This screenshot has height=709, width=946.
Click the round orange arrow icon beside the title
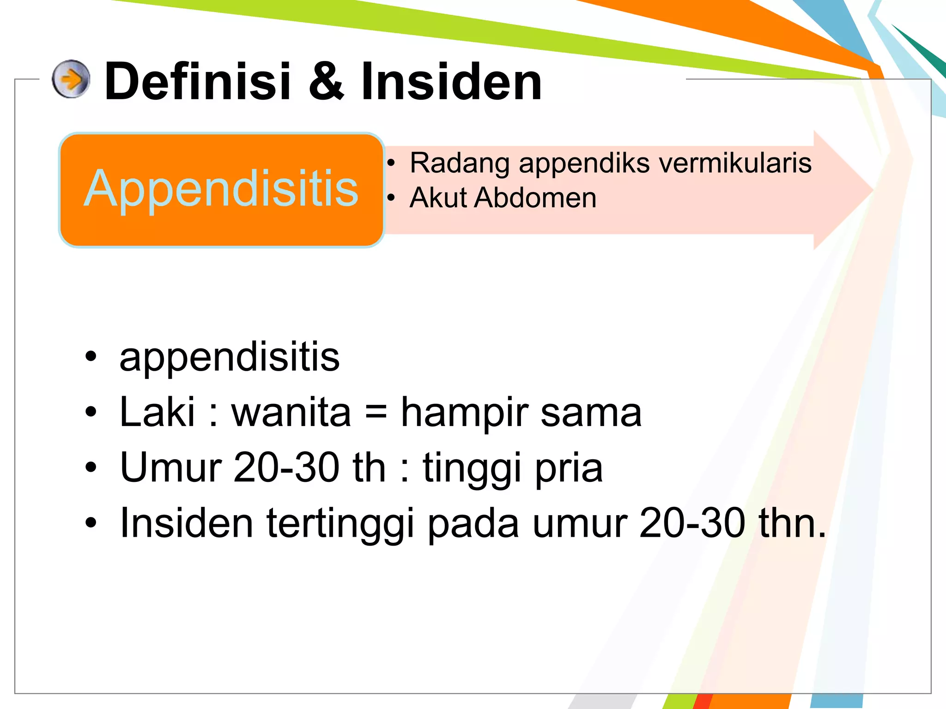71,79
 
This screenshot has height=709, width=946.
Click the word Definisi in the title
198,82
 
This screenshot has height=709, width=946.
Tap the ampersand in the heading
326,82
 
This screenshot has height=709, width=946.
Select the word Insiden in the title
451,82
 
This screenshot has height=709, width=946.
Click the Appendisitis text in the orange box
221,189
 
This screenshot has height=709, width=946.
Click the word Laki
157,412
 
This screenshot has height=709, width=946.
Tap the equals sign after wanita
376,412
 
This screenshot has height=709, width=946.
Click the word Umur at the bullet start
171,468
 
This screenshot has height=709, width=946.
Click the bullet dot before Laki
91,412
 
